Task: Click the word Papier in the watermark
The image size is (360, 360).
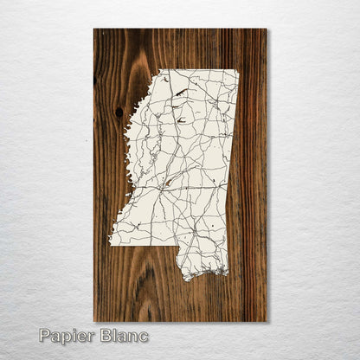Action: coord(67,337)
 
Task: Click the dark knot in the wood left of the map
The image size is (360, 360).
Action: coord(119,112)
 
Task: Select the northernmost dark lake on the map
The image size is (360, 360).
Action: coord(181,90)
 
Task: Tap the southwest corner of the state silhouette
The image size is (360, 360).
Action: coord(110,243)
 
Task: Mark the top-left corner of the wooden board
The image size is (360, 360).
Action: coord(94,29)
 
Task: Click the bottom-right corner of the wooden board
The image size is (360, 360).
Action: coord(267,321)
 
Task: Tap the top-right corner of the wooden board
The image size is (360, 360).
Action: coord(267,29)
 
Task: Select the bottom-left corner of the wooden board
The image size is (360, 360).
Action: coord(94,321)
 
